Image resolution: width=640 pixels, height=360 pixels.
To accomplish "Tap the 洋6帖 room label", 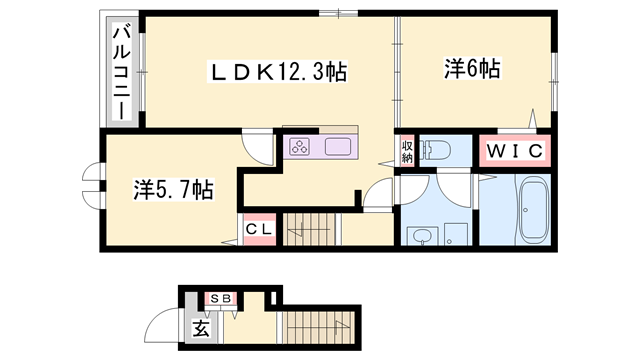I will pyautogui.click(x=471, y=70).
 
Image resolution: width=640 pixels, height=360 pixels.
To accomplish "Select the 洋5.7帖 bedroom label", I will pyautogui.click(x=172, y=188).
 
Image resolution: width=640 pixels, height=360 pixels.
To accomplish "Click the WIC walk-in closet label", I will pyautogui.click(x=514, y=151).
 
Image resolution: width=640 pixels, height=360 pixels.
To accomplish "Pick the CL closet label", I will pyautogui.click(x=258, y=229).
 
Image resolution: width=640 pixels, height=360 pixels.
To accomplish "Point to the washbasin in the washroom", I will pyautogui.click(x=422, y=236).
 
